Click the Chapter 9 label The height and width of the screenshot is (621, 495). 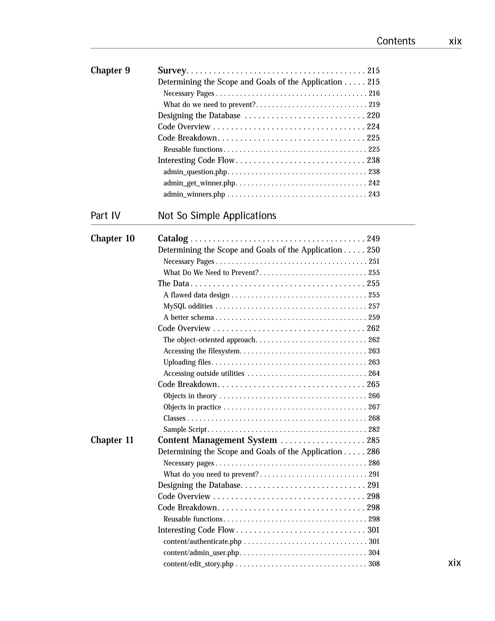pyautogui.click(x=110, y=71)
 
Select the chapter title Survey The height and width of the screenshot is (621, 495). pyautogui.click(x=172, y=71)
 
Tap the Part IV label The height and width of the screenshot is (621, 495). pyautogui.click(x=105, y=216)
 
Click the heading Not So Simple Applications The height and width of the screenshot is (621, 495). pyautogui.click(x=217, y=216)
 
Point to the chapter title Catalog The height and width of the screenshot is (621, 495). pyautogui.click(x=173, y=239)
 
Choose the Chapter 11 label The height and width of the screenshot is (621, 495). pyautogui.click(x=112, y=440)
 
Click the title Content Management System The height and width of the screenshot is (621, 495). pyautogui.click(x=217, y=440)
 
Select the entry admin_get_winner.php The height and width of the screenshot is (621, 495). pyautogui.click(x=199, y=183)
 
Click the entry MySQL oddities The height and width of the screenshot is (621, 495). pyautogui.click(x=188, y=306)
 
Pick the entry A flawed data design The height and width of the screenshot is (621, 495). pyautogui.click(x=197, y=295)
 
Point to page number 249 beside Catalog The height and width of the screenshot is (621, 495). pyautogui.click(x=373, y=239)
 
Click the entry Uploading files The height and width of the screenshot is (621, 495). pyautogui.click(x=187, y=362)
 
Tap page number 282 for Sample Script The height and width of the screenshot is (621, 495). pyautogui.click(x=374, y=429)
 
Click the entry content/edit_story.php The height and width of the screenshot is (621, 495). pyautogui.click(x=198, y=564)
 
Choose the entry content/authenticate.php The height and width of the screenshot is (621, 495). pyautogui.click(x=202, y=541)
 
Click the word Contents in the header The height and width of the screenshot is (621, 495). pyautogui.click(x=396, y=41)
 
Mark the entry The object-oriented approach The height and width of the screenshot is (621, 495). pyautogui.click(x=210, y=340)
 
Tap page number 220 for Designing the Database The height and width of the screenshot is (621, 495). pyautogui.click(x=373, y=115)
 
